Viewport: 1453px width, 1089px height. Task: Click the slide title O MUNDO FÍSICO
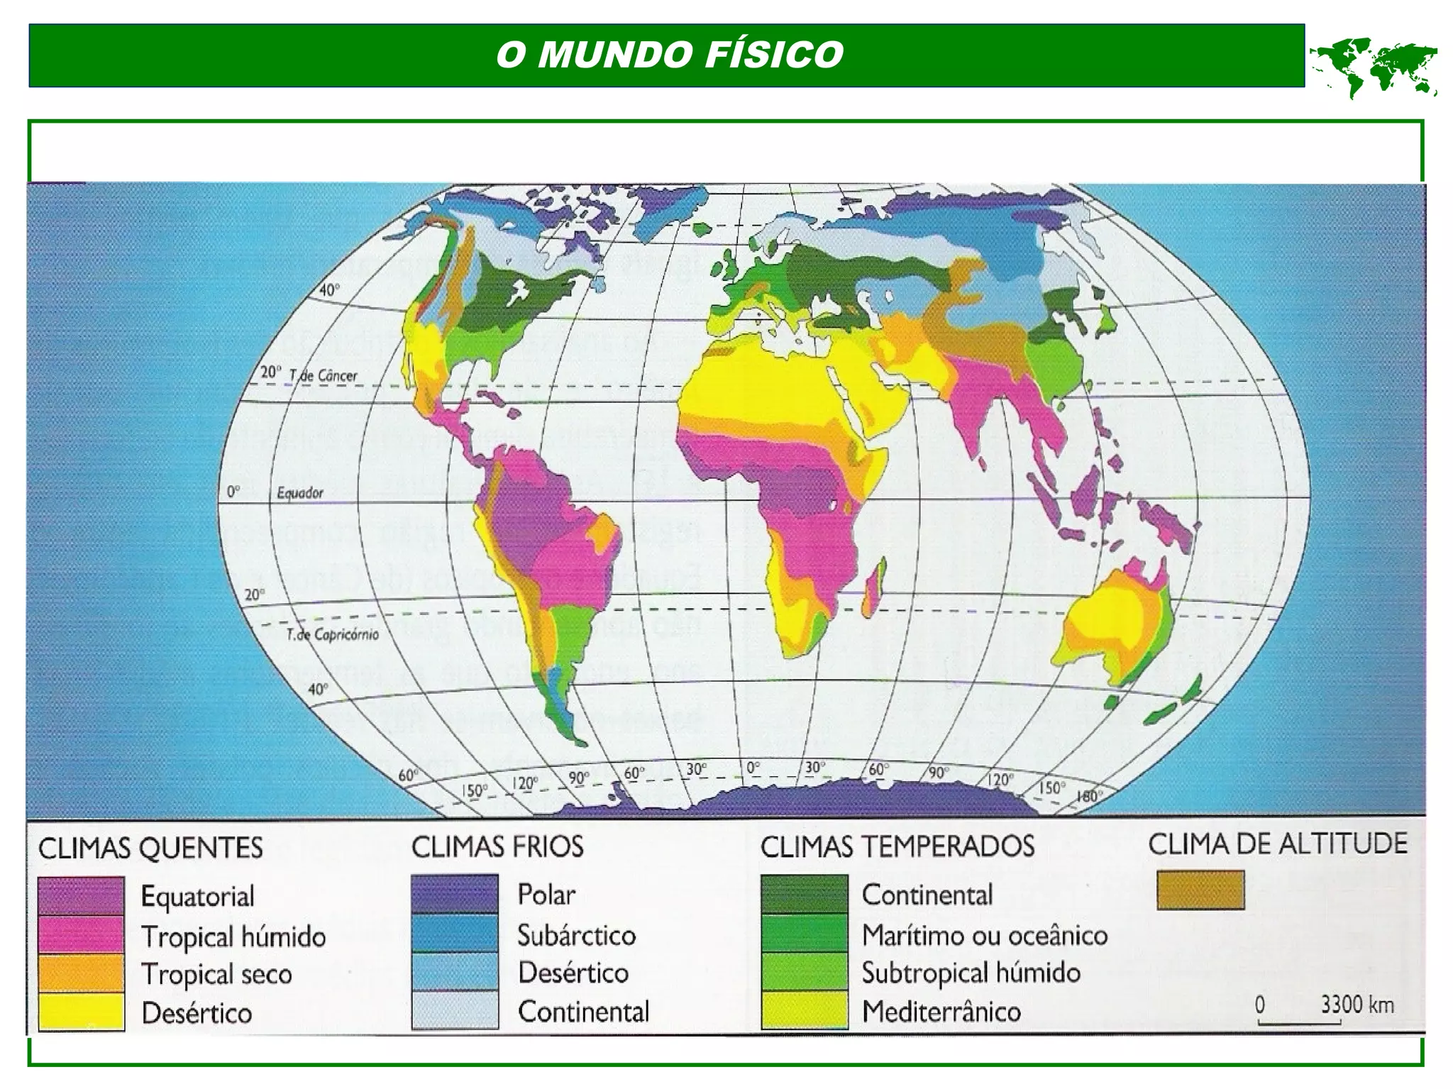(x=669, y=55)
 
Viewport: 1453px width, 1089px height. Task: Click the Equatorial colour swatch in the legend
(x=82, y=896)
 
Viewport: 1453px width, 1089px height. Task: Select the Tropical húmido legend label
(x=233, y=936)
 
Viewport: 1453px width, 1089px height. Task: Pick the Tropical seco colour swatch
(x=82, y=973)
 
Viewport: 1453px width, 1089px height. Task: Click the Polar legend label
(x=546, y=895)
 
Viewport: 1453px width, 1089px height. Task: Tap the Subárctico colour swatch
(x=455, y=934)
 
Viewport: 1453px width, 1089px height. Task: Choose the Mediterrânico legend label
(x=941, y=1012)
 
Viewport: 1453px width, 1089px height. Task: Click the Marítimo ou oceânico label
(x=984, y=935)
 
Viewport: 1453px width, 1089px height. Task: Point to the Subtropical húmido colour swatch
(x=804, y=972)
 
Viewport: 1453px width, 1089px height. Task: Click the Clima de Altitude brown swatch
(x=1200, y=890)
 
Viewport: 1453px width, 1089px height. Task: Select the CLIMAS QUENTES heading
(x=150, y=848)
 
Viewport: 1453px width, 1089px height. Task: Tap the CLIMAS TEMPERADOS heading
(x=897, y=846)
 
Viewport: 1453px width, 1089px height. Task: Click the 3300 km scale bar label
(x=1357, y=1005)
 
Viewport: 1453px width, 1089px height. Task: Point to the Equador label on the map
(x=299, y=492)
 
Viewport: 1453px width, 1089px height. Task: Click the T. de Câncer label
(x=323, y=375)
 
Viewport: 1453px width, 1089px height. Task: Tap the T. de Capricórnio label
(x=332, y=634)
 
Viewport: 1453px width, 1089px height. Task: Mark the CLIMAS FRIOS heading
(x=497, y=846)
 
